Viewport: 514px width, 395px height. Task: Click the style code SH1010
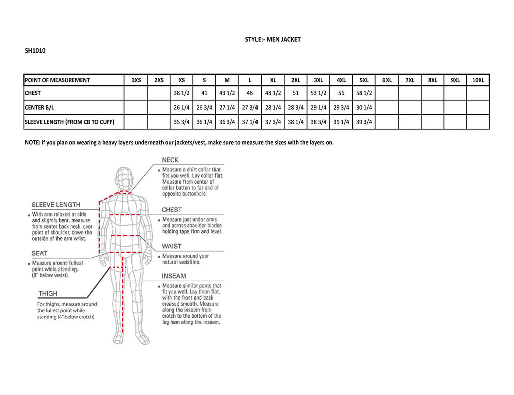[35, 50]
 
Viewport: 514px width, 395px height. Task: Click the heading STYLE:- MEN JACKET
[273, 39]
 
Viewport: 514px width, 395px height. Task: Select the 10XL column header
[478, 80]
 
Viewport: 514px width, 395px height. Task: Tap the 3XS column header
[136, 80]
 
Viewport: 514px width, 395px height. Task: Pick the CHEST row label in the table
[33, 93]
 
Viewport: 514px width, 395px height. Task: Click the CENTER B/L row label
[39, 107]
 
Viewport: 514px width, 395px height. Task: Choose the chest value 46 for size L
[250, 93]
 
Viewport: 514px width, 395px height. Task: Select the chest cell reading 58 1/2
[364, 93]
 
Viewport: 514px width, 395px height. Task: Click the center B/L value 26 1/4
[182, 107]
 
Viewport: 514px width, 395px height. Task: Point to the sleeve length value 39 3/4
[364, 122]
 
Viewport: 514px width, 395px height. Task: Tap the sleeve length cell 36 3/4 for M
[227, 122]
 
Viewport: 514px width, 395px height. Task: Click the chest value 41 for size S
[204, 93]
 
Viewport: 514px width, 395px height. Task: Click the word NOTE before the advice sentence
[33, 142]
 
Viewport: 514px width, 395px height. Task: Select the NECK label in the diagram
[170, 160]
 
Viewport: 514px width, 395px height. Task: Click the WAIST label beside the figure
[172, 246]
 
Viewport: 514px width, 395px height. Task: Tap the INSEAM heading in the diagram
[174, 276]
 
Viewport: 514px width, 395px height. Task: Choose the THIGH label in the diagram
[48, 294]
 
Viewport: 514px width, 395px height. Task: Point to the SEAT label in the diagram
[39, 253]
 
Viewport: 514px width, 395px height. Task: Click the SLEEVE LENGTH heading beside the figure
[56, 205]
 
